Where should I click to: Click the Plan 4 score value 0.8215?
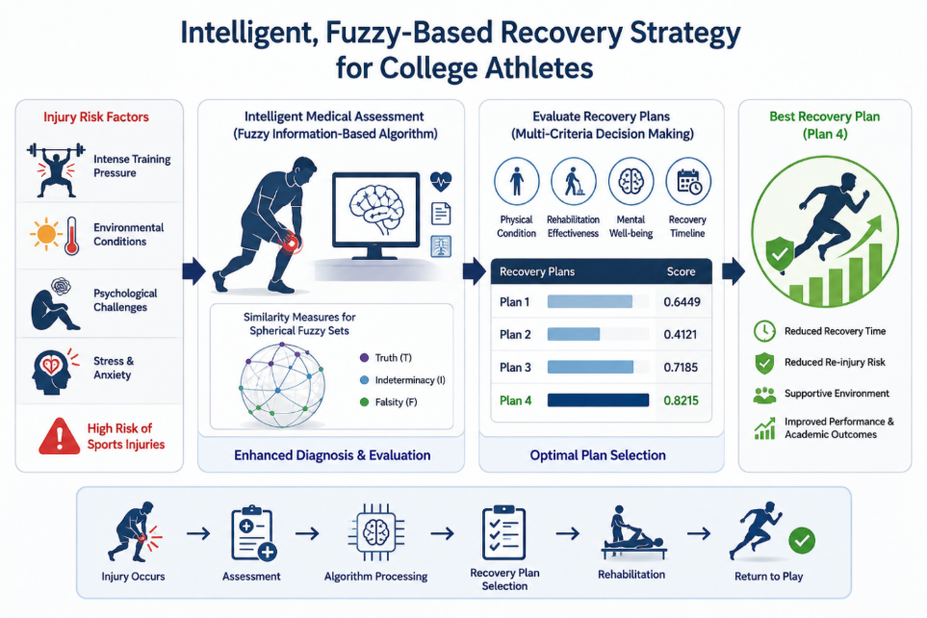tap(682, 400)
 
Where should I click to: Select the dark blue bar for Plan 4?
tap(598, 400)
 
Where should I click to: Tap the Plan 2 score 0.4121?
tap(681, 335)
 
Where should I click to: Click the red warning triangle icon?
tap(59, 436)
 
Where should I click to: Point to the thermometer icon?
tap(72, 235)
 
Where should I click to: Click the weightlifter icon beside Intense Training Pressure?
tap(56, 169)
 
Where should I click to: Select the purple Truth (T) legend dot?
tap(364, 358)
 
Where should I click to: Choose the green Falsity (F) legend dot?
tap(364, 402)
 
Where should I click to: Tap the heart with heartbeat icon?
tap(441, 181)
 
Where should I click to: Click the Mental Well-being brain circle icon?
tap(631, 182)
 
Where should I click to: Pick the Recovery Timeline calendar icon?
tap(688, 182)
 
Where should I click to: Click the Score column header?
tap(682, 271)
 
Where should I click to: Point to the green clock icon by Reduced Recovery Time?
tap(764, 331)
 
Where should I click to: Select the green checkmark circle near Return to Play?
tap(802, 540)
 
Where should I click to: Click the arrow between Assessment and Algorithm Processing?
tap(307, 534)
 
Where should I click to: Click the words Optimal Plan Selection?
tap(598, 454)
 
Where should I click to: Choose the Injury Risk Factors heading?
tap(95, 117)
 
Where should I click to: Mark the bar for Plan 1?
tap(590, 301)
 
